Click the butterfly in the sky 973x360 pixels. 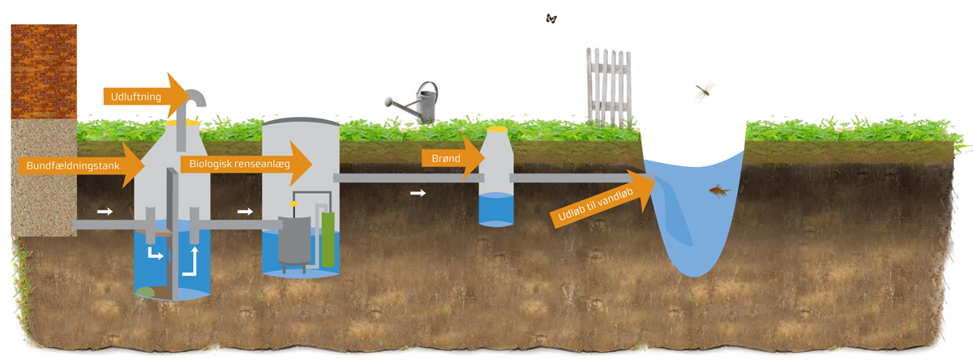tap(551, 18)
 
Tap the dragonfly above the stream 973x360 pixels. tap(704, 90)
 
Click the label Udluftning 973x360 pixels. tap(136, 96)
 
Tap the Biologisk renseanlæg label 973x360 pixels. tap(238, 165)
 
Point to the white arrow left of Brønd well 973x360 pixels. tap(418, 193)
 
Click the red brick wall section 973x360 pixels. tap(44, 70)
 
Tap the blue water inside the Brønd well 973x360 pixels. tap(496, 212)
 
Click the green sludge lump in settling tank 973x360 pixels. tap(146, 291)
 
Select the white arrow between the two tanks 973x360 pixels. tap(245, 212)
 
